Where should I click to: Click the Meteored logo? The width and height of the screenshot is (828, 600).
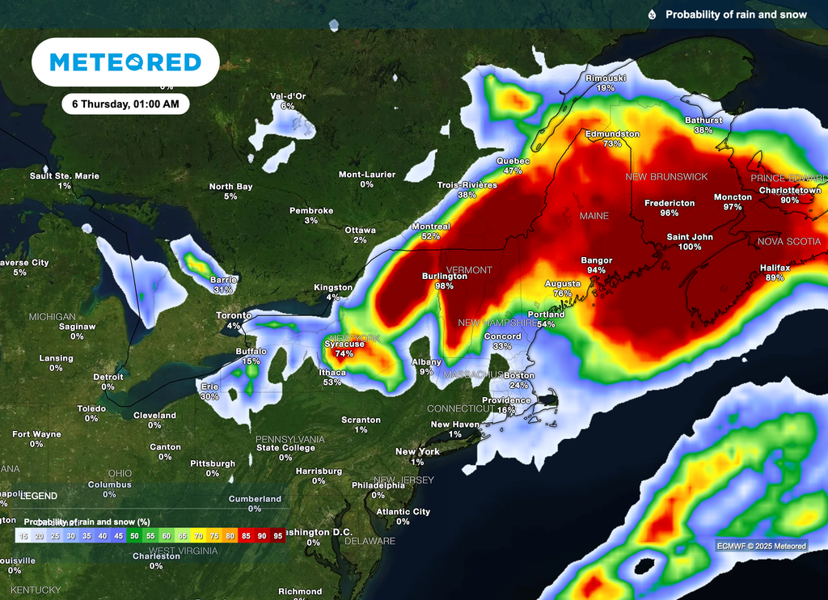tap(125, 62)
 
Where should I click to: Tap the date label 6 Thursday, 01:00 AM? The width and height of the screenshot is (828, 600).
tap(125, 104)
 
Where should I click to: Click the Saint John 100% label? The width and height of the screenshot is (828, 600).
tap(690, 242)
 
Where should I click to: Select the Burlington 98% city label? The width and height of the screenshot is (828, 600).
tap(445, 281)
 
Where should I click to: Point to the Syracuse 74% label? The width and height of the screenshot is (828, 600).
tap(344, 349)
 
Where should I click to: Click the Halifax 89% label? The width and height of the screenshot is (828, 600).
tap(775, 273)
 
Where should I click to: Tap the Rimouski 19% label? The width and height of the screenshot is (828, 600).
tap(606, 82)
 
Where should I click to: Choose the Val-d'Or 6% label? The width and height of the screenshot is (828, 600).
tap(288, 101)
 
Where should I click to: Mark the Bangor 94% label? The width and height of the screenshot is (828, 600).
tap(597, 265)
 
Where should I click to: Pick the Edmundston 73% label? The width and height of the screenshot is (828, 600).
tap(612, 138)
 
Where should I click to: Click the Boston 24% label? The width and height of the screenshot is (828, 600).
tap(519, 380)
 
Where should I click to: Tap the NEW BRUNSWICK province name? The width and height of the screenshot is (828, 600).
tap(666, 176)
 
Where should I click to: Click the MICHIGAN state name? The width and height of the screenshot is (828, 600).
tap(53, 317)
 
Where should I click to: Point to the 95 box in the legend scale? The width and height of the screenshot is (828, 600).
tap(277, 535)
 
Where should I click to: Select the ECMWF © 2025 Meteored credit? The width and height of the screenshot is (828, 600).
tap(761, 546)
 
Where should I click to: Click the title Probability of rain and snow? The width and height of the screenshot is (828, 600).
tap(736, 15)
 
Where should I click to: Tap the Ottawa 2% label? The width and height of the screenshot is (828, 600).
tap(360, 235)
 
